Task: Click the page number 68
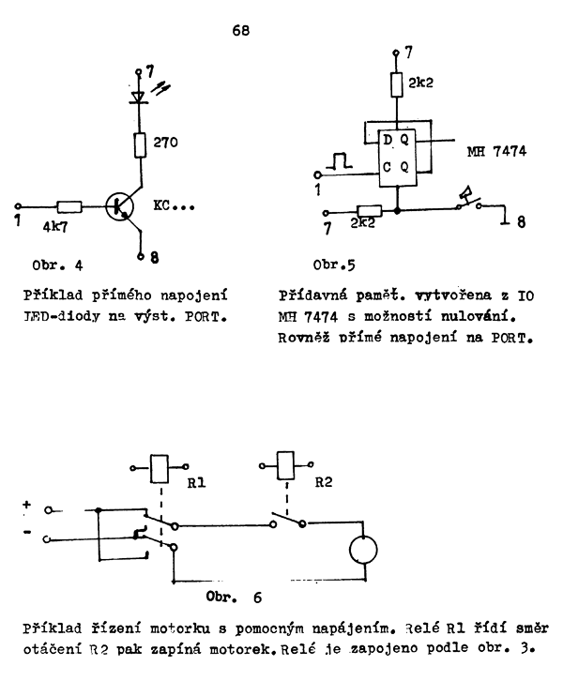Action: coord(242,30)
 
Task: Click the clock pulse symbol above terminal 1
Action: coord(336,166)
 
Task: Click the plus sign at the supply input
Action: coord(27,503)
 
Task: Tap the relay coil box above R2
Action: coord(285,462)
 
